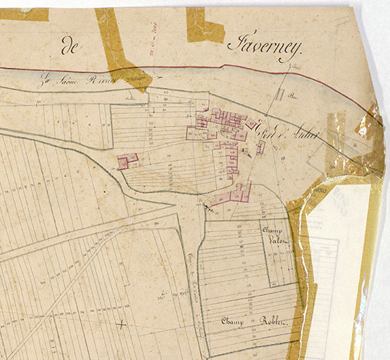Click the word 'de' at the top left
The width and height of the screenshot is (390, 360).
point(70,48)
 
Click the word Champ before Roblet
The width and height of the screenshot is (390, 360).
point(232,321)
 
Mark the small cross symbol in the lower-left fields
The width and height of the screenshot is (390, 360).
point(122,324)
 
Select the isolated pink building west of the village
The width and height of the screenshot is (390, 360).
point(127,161)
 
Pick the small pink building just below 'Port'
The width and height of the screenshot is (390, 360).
point(260,147)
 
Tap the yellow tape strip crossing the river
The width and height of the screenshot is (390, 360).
point(119,49)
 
